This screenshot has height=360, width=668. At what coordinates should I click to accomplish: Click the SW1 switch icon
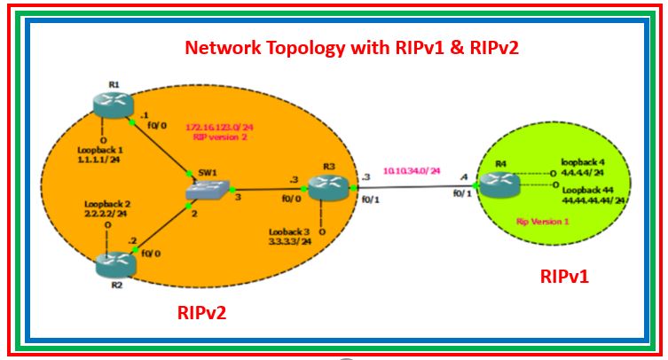(207, 188)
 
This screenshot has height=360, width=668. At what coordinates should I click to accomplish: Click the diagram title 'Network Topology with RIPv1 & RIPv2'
(350, 47)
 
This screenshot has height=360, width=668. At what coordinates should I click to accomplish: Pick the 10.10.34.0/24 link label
(411, 169)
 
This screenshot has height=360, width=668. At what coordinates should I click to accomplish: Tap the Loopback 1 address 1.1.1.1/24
(98, 160)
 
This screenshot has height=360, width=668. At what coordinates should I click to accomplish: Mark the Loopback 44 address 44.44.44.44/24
(593, 200)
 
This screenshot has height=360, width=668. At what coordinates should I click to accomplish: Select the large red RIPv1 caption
(564, 277)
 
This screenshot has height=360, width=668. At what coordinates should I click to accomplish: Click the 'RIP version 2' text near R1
(216, 137)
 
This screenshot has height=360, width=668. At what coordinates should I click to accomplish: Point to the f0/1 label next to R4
(462, 192)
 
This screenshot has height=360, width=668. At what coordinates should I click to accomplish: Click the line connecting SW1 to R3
(266, 189)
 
